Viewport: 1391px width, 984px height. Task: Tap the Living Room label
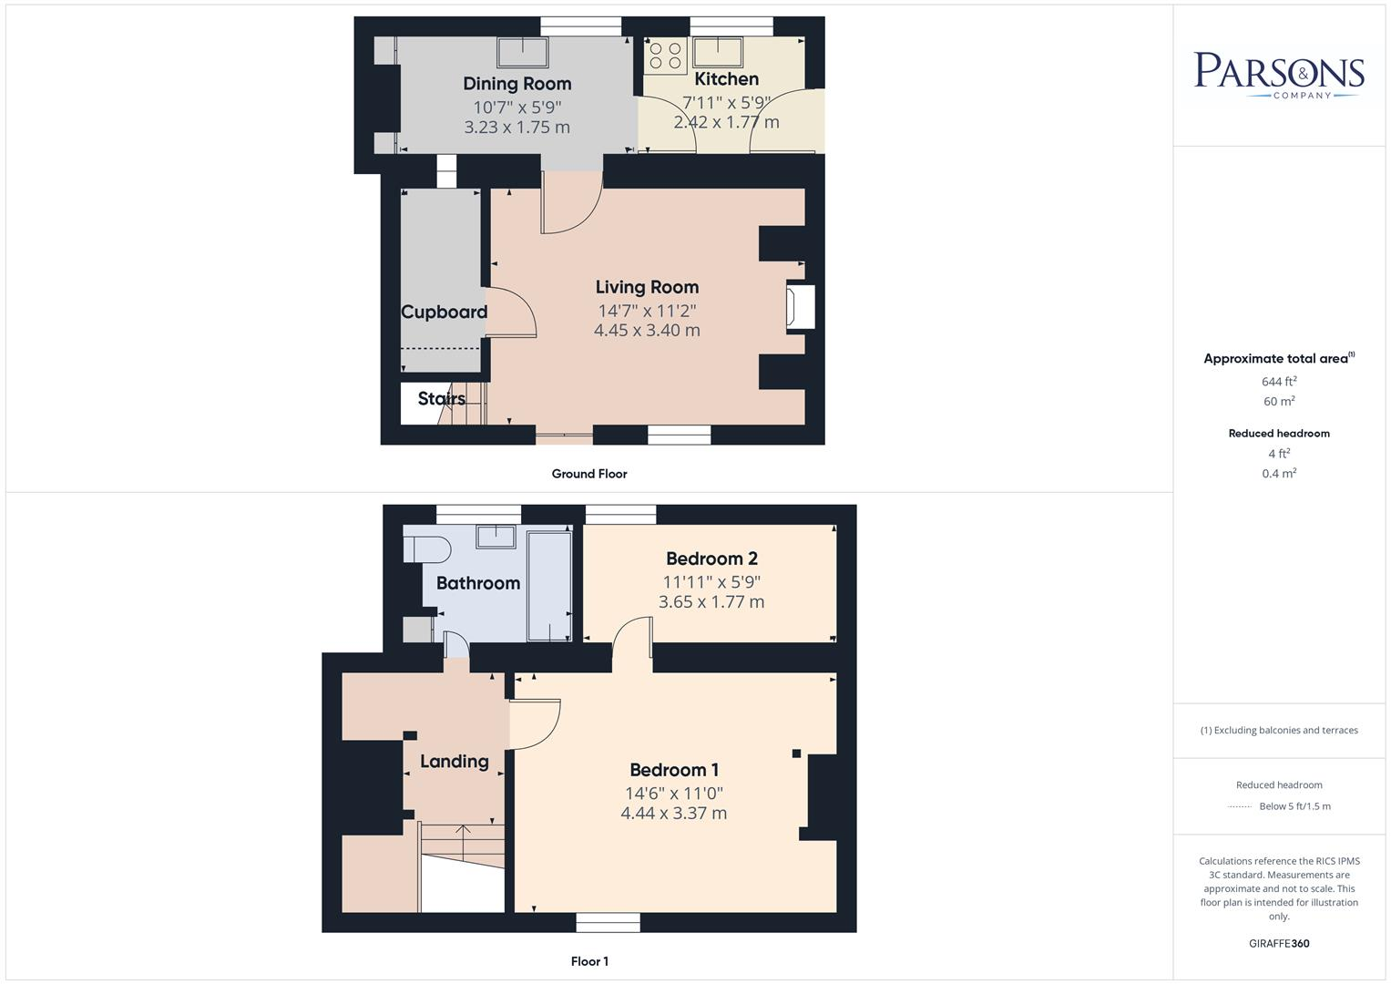647,287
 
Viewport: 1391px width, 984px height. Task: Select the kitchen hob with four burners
665,56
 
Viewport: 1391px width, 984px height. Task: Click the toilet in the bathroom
427,549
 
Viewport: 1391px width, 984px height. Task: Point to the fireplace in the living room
802,307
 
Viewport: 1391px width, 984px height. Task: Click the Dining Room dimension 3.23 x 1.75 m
517,128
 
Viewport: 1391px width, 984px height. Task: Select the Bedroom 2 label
711,559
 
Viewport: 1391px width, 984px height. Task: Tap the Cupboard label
444,312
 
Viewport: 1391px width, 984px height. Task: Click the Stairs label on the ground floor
441,398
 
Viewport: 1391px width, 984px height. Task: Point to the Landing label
454,761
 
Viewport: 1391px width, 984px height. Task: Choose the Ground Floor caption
589,474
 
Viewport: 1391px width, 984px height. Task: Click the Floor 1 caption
589,961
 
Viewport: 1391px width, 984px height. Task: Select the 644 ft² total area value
1278,382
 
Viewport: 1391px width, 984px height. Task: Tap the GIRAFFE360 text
1278,943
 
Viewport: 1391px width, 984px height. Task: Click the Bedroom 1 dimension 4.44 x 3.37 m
673,814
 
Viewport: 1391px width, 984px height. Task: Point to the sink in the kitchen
719,51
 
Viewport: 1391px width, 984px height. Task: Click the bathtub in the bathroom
549,584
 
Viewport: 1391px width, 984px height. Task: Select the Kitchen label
726,79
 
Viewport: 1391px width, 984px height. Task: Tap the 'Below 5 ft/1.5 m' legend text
1294,806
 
